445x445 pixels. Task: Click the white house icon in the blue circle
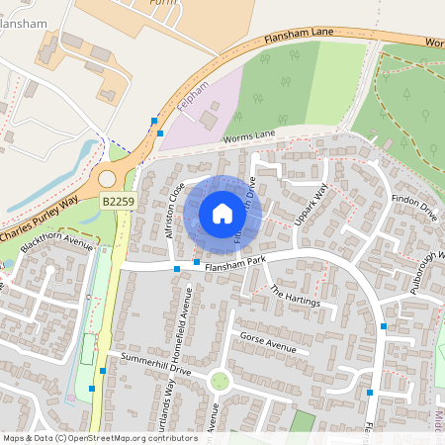(x=222, y=214)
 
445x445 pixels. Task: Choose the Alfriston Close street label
(x=176, y=209)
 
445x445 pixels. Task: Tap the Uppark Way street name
(x=311, y=206)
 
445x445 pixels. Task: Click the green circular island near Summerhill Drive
(x=220, y=381)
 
